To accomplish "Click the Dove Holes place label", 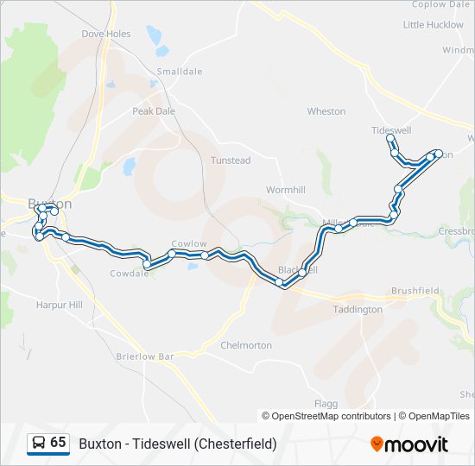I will (105, 35).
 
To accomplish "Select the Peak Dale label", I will (153, 111).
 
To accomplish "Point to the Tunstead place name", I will (231, 161).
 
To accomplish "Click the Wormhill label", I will (286, 189).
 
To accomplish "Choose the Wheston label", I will (326, 111).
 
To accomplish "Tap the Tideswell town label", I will (391, 130).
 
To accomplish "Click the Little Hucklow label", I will (434, 25).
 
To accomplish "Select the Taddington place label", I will (358, 309).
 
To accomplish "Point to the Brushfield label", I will (415, 292).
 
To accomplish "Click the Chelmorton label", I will (246, 345).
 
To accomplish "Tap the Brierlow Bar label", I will (145, 356).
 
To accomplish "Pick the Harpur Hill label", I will (60, 305).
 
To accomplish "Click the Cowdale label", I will (130, 274).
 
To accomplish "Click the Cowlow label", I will (189, 244).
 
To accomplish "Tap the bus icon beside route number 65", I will (39, 444).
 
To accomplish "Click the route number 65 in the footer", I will (58, 443).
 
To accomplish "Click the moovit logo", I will (409, 444).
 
